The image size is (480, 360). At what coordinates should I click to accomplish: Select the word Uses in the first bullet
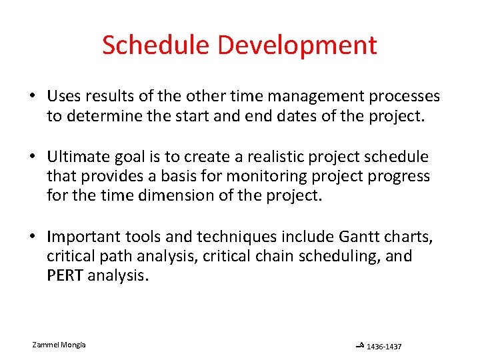tap(63, 97)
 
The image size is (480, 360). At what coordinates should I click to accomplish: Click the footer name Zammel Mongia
tap(59, 345)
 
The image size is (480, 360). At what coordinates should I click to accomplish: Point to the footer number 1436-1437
tap(384, 347)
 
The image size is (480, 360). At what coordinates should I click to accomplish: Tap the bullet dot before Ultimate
tap(33, 157)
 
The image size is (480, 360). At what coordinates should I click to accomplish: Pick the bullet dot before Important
tap(33, 237)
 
